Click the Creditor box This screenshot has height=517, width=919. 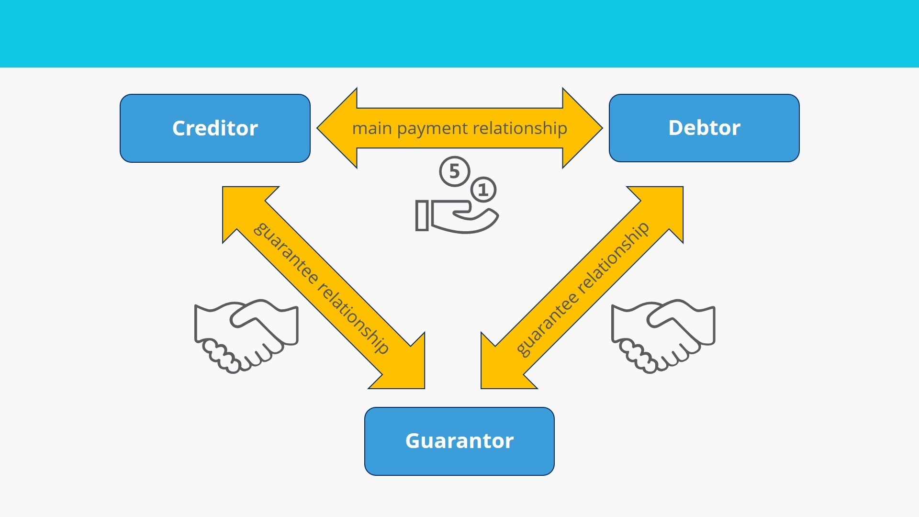point(215,128)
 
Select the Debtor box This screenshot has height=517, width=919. point(704,128)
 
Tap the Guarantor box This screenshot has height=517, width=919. point(459,441)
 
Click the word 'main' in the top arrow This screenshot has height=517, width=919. point(372,128)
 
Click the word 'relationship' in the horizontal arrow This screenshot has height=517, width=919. point(520,128)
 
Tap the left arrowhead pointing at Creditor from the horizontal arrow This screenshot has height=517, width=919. point(337,128)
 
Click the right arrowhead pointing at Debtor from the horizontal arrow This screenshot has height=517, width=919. point(583,128)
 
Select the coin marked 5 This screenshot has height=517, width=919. point(455,171)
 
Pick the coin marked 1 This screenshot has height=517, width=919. point(483,190)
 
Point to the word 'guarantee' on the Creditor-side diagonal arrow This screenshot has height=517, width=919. point(286,253)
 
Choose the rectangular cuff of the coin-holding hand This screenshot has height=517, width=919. point(422,215)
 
